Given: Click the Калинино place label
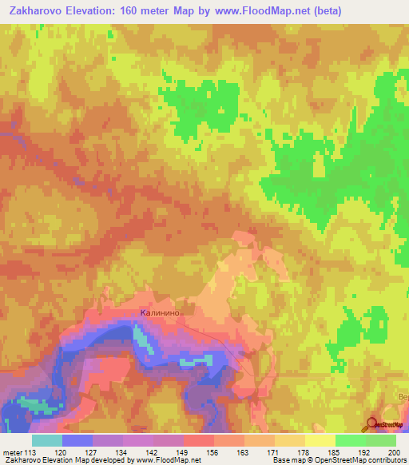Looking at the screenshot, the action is coord(163,313).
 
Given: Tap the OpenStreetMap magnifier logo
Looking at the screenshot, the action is coord(372,424).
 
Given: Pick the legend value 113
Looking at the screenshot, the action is coord(29,452).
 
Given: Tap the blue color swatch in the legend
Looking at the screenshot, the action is coord(77,440).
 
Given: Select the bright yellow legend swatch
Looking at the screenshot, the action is coord(320,440).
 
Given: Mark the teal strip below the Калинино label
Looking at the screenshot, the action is coord(141,339).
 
